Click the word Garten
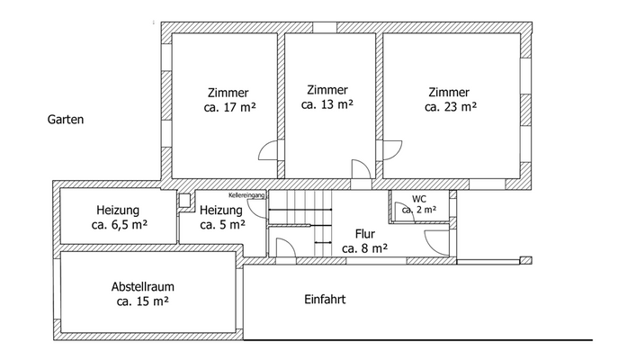coord(66,119)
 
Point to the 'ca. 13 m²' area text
coord(327,104)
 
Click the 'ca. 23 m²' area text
coord(450,106)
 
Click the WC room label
coord(419,199)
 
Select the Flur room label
coord(365,232)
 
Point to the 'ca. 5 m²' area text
coord(221,225)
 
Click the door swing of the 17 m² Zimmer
coord(268,152)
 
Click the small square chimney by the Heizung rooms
coord(184,202)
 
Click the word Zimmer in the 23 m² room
coord(449,92)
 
